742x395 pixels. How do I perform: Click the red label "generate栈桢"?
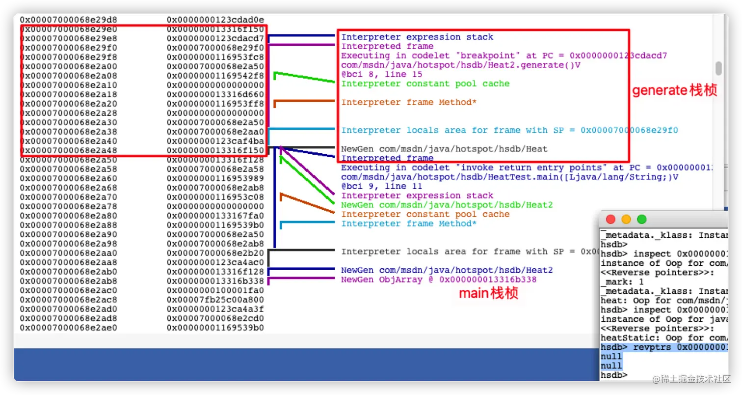(674, 91)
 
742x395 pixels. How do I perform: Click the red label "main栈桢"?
(488, 294)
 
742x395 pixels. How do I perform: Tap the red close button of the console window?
(610, 219)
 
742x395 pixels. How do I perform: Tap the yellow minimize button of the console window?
(626, 219)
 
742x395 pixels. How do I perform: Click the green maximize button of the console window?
(641, 219)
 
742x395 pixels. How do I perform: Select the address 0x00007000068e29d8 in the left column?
(68, 20)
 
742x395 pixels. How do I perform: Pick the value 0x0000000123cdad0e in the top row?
(215, 20)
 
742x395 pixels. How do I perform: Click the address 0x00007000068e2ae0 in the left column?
(68, 328)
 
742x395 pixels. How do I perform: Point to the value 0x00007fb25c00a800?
(215, 300)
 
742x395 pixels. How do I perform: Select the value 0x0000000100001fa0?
(215, 290)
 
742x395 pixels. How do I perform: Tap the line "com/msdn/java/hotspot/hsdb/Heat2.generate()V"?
(461, 65)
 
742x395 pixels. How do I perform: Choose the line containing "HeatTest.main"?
(505, 177)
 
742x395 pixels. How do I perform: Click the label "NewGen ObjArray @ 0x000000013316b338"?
(439, 280)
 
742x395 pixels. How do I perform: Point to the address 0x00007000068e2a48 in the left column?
(68, 150)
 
